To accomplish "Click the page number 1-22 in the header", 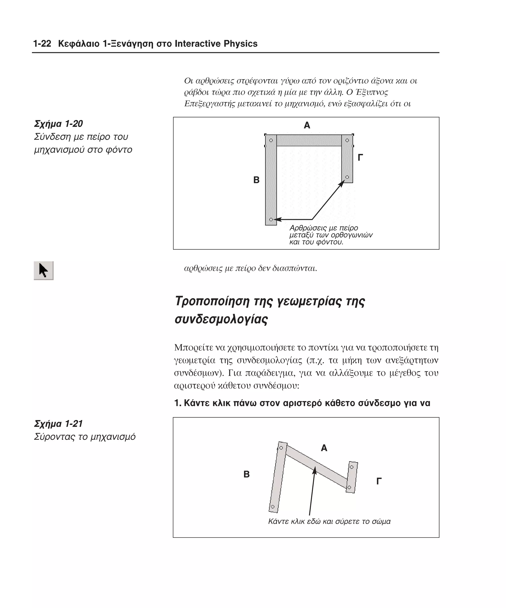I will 42,44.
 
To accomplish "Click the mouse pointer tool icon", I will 43,270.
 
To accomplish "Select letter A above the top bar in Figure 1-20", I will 307,125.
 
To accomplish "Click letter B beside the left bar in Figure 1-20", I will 256,180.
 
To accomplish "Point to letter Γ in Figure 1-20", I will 360,158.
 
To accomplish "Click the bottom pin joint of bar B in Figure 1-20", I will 271,220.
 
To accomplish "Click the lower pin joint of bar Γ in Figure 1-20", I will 347,177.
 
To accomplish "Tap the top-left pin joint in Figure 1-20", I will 271,140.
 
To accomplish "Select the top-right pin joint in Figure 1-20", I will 347,140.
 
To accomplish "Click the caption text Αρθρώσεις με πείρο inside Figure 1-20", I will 324,228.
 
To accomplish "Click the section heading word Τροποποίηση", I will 212,301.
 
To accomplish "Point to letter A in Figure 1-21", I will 324,448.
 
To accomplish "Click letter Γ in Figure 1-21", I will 379,481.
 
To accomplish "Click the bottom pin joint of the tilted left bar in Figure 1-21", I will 272,507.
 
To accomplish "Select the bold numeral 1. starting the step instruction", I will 178,403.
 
